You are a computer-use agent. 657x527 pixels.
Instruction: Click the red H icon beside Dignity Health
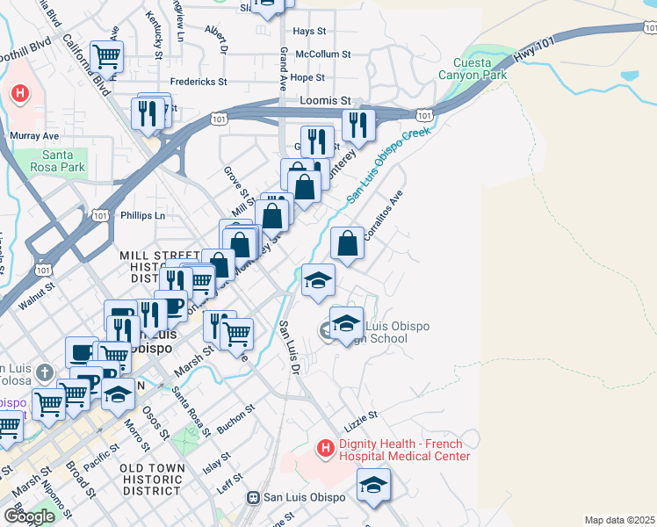click(325, 450)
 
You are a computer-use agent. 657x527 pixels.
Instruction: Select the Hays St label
click(309, 31)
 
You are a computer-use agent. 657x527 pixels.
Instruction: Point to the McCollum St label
click(322, 54)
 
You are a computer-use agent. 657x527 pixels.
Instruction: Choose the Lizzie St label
click(361, 414)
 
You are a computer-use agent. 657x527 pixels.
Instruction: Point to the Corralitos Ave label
click(383, 215)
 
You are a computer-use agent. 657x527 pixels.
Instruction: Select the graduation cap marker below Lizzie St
click(373, 485)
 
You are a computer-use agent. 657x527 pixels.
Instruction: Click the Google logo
click(29, 516)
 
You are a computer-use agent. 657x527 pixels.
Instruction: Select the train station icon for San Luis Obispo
click(253, 497)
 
